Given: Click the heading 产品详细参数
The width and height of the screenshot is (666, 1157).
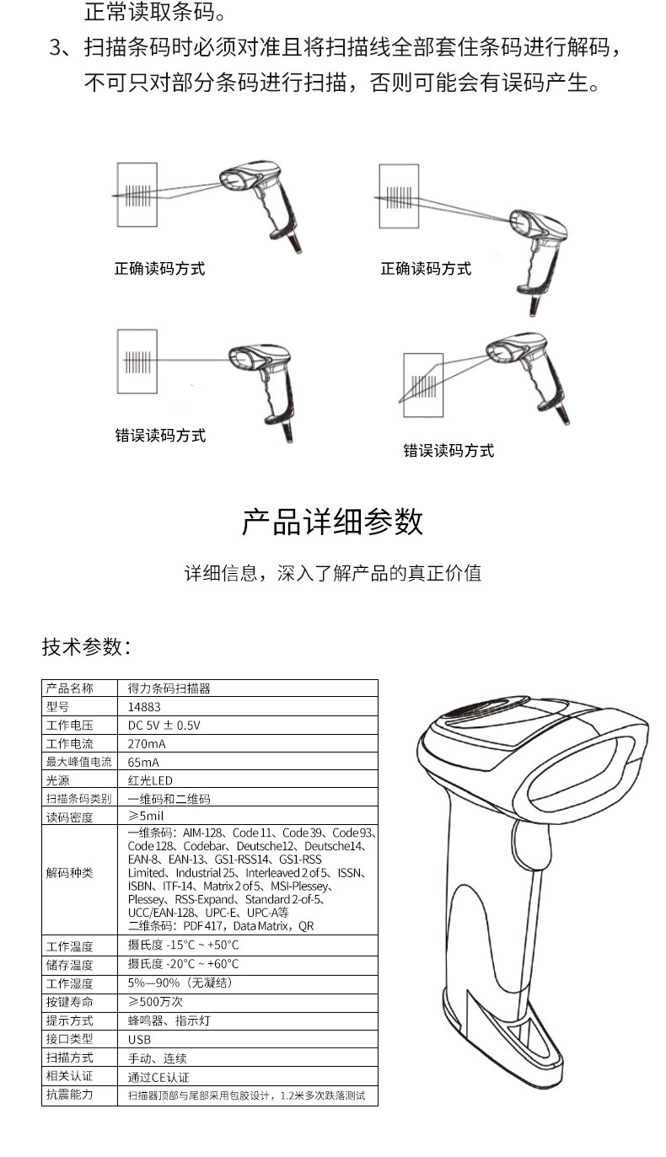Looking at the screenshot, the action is coord(332,522).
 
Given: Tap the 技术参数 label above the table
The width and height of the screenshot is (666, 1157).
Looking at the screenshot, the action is coord(86,646).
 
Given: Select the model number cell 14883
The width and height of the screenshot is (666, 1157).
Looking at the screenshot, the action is coord(144,707).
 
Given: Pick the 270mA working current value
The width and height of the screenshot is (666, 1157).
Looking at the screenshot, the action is coord(147,744).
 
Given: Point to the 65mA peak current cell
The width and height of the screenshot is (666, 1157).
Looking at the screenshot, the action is coord(143,762).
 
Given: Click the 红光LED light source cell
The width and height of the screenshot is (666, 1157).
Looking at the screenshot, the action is coord(150,780).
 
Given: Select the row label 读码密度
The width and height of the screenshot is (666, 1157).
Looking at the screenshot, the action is coord(69,817).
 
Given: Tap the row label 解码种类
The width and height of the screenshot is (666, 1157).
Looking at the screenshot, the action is coord(69,873).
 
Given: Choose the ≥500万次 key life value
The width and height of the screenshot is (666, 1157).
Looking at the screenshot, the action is coord(155,1002).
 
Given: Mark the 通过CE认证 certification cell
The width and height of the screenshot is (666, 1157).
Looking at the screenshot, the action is coord(158,1076).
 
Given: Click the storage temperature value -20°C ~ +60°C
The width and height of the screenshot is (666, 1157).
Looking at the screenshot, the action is coord(183,964).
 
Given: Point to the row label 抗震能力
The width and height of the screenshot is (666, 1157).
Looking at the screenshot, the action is coord(69,1095).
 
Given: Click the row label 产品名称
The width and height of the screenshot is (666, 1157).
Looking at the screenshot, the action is coord(69,688).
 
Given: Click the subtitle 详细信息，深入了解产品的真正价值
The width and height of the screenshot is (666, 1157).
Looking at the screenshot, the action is coord(332,574).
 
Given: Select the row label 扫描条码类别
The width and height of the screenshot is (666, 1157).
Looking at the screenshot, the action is coord(78,798).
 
